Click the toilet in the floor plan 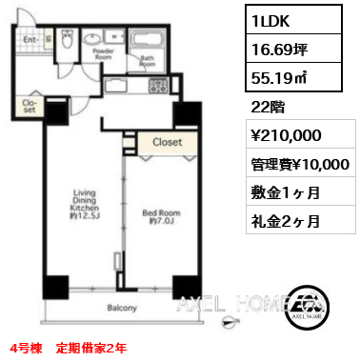pyautogui.click(x=67, y=40)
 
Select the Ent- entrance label pyautogui.click(x=30, y=40)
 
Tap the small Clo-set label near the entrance pyautogui.click(x=29, y=106)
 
